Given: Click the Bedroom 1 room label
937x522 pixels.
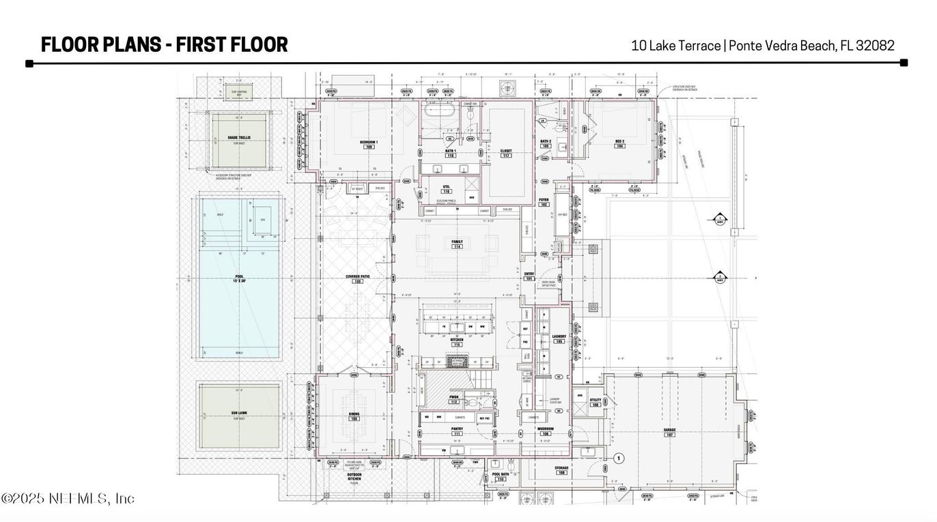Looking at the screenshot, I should pos(369,143).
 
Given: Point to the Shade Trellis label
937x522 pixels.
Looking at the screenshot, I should pos(239,139).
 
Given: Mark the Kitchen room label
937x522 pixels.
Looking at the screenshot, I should pos(457,340).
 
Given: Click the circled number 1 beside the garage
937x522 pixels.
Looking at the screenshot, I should pos(619,459).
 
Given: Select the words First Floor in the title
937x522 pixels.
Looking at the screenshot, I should pos(232,45).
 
